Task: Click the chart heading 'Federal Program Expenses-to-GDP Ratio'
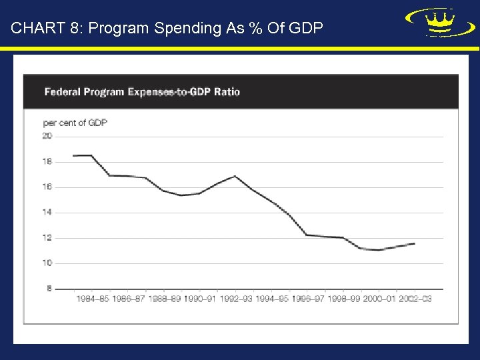pos(142,92)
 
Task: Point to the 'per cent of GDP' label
pos(75,123)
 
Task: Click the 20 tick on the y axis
pos(47,136)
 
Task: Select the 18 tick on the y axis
pos(47,161)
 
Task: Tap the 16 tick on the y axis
pos(47,187)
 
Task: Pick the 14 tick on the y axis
pos(47,212)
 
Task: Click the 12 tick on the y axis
pos(47,237)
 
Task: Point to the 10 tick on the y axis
pos(47,263)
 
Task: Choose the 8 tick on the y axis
pos(49,288)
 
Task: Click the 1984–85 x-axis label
pos(92,299)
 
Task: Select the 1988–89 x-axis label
pos(164,299)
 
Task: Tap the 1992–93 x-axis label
pos(236,299)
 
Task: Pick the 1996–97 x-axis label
pos(307,299)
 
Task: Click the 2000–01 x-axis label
pos(379,299)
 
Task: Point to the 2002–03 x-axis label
pos(415,299)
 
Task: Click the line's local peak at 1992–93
pos(235,176)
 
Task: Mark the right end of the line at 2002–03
pos(415,243)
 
